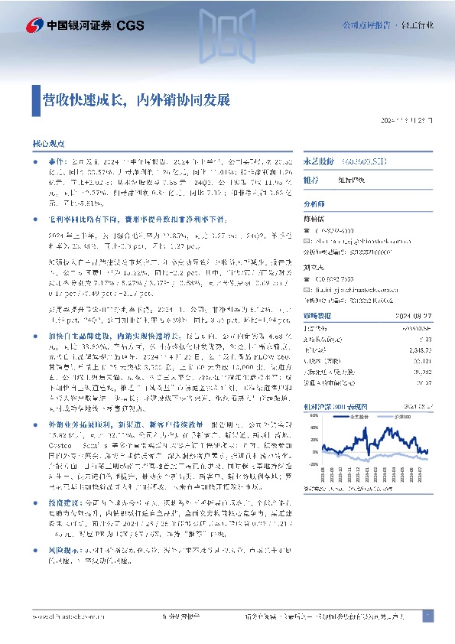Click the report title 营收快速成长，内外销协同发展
pyautogui.click(x=135, y=99)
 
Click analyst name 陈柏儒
pyautogui.click(x=314, y=217)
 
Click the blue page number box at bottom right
pyautogui.click(x=429, y=615)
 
